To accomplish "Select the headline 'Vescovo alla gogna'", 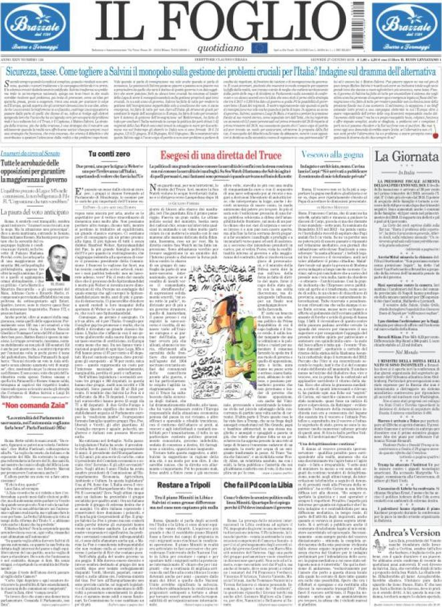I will (x=320, y=154).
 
